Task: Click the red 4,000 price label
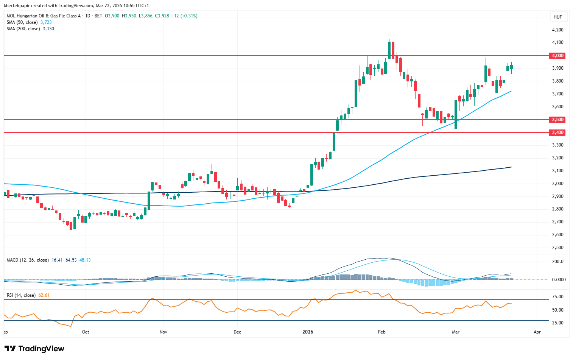(x=557, y=56)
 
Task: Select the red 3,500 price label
(x=557, y=120)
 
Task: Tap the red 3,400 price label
(x=557, y=132)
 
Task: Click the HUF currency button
(x=557, y=17)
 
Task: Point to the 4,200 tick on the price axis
(x=557, y=30)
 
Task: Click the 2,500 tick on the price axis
(x=557, y=248)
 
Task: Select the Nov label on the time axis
(x=163, y=332)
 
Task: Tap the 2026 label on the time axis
(x=308, y=332)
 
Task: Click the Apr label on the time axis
(x=537, y=332)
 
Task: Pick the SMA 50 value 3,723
(x=46, y=22)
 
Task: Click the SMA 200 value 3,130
(x=48, y=29)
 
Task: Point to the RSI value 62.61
(x=44, y=295)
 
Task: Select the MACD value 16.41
(x=57, y=260)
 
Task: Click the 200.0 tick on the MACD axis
(x=557, y=262)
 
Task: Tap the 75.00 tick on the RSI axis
(x=557, y=297)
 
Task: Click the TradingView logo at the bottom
(x=34, y=349)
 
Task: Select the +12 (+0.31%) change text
(x=184, y=16)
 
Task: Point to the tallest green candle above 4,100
(x=389, y=49)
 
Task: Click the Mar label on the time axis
(x=455, y=332)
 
